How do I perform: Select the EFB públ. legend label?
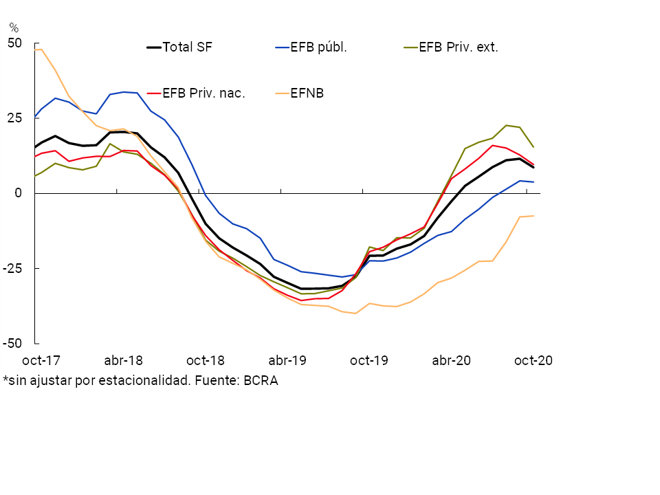click(318, 47)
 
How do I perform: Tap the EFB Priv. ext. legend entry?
click(458, 47)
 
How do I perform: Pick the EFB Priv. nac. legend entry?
click(203, 93)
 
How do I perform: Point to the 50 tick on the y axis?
click(14, 43)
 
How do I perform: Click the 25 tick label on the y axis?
click(14, 118)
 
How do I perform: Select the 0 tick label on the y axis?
click(19, 193)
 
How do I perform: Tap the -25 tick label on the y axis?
click(12, 268)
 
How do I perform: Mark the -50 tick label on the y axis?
click(12, 343)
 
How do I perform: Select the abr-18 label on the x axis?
click(123, 360)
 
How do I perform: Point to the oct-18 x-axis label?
click(206, 360)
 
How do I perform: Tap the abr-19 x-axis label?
click(287, 360)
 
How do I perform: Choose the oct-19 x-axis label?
click(369, 360)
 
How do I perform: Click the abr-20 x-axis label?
click(451, 360)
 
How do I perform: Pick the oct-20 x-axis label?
click(533, 360)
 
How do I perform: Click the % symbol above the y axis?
click(14, 28)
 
